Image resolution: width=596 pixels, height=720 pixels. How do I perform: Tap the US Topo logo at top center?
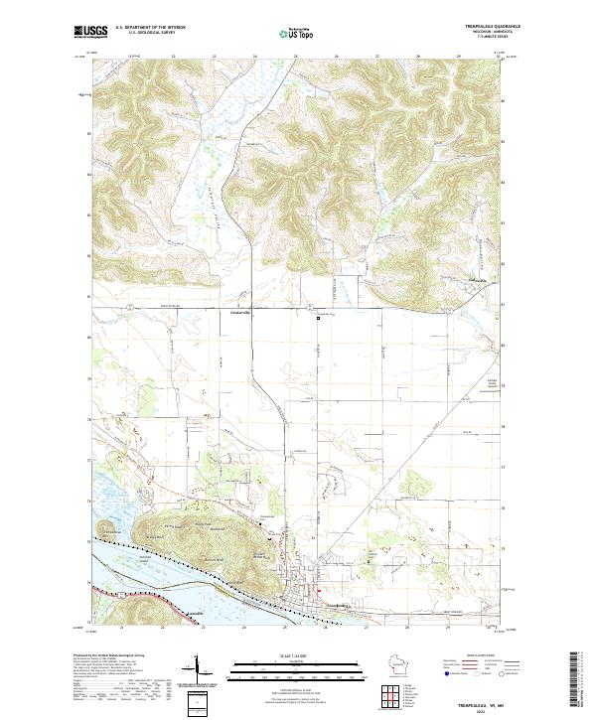[x=299, y=32]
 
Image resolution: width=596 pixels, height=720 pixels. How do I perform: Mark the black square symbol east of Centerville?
[x=319, y=318]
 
